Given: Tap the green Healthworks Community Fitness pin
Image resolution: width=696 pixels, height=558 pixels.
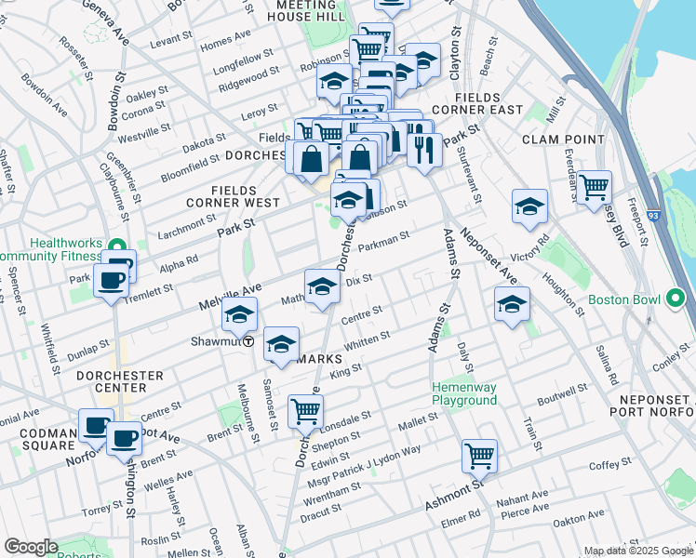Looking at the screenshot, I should point(117,246).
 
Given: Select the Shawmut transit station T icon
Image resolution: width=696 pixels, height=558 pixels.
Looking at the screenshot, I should point(249,341).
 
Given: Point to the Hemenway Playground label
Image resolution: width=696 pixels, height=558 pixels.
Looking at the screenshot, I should point(463,393).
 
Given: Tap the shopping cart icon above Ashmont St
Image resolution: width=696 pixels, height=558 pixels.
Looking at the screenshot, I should point(478,456).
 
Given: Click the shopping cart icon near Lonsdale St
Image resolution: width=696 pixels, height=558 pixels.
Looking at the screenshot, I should point(305,409).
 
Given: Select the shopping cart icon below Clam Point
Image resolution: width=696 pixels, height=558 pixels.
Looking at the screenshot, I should point(594,186).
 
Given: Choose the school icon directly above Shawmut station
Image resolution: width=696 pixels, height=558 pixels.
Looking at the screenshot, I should point(239,314).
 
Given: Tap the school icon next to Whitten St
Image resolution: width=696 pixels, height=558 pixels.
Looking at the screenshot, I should point(280,345).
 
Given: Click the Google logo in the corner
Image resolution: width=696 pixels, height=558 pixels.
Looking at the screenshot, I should point(31,547).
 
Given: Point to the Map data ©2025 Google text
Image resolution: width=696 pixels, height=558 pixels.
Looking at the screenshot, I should point(637,551).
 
